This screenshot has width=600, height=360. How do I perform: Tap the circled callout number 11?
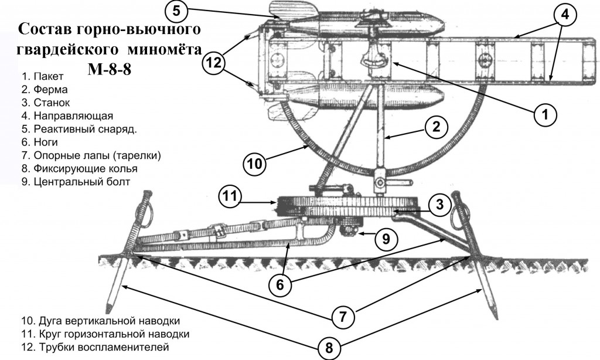(230, 196)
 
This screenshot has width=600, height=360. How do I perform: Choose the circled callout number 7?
(342, 317)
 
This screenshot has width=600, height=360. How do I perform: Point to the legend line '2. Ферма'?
(45, 90)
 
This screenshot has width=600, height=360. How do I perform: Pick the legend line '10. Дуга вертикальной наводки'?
(100, 321)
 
